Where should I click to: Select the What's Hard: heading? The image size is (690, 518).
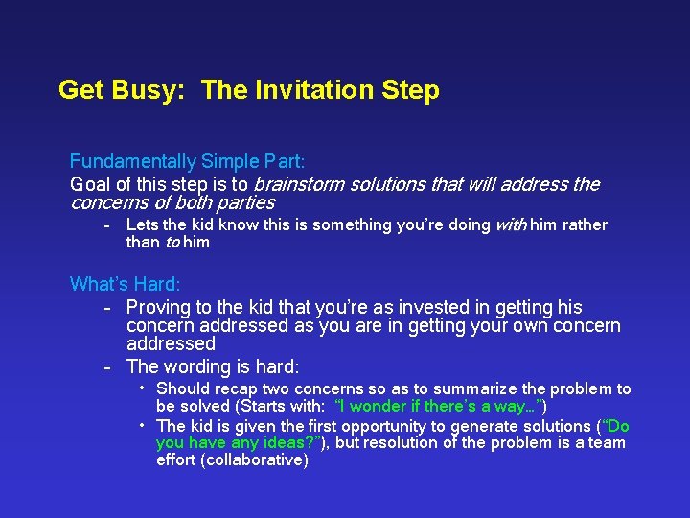(125, 284)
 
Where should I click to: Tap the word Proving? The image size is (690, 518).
(158, 307)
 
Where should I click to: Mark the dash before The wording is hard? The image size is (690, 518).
(109, 366)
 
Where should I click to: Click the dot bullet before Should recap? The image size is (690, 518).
(142, 388)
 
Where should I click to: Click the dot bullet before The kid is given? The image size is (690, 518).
(142, 424)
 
